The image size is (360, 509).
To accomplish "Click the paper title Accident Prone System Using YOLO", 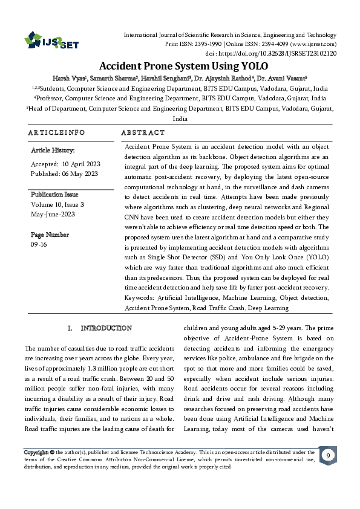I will coord(180,66).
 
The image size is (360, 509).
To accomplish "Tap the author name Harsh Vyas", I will coord(68,78).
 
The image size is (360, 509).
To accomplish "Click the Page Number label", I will coord(50,234).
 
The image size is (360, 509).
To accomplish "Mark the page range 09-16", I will coord(38,244).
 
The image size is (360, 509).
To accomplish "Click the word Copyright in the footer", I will coord(36,452).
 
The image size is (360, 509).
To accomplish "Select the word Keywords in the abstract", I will coord(139,298).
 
